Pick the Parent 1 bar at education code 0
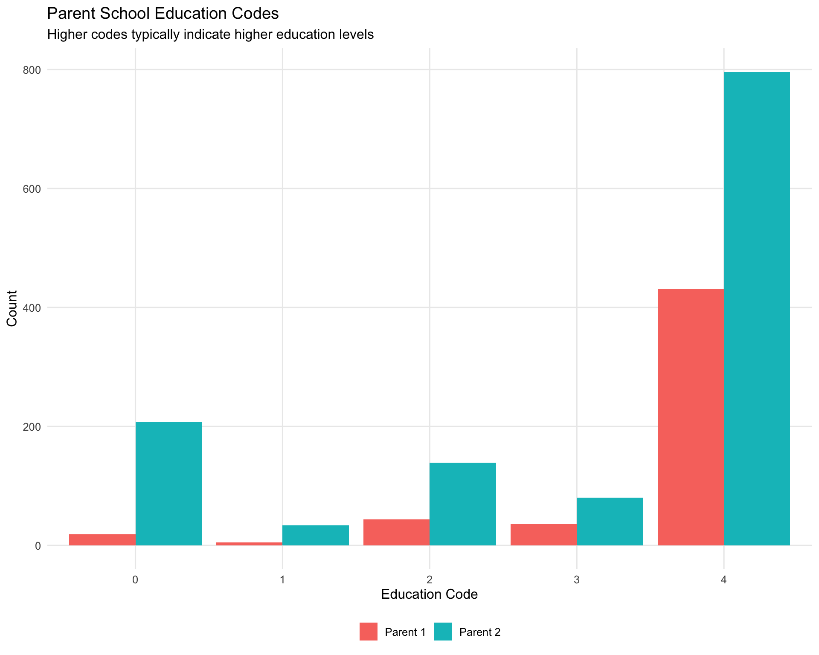pyautogui.click(x=102, y=540)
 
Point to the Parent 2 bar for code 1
pyautogui.click(x=316, y=535)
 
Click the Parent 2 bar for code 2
pyautogui.click(x=463, y=504)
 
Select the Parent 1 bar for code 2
pyautogui.click(x=396, y=532)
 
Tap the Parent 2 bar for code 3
pyautogui.click(x=610, y=521)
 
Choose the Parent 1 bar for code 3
pyautogui.click(x=543, y=534)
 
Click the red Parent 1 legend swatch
pyautogui.click(x=369, y=632)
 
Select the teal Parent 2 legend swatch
pyautogui.click(x=443, y=632)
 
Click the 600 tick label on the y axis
pyautogui.click(x=32, y=189)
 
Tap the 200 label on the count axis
pyautogui.click(x=32, y=427)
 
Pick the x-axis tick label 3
pyautogui.click(x=577, y=580)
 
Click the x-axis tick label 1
pyautogui.click(x=282, y=580)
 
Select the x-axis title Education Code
pyautogui.click(x=429, y=594)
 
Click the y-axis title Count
pyautogui.click(x=12, y=308)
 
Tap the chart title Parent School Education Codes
pyautogui.click(x=163, y=14)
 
